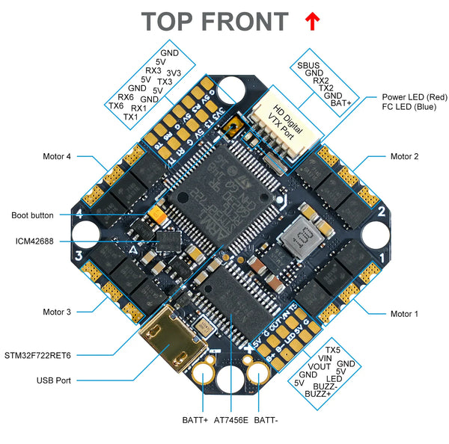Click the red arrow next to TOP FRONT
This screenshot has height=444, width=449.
311,22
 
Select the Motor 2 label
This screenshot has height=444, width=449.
404,156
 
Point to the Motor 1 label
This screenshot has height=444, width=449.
404,314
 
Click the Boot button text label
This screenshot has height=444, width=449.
32,215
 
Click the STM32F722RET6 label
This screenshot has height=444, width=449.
42,354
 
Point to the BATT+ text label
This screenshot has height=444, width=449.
195,421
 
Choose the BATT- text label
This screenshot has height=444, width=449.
266,421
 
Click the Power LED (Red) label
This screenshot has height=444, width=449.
414,97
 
